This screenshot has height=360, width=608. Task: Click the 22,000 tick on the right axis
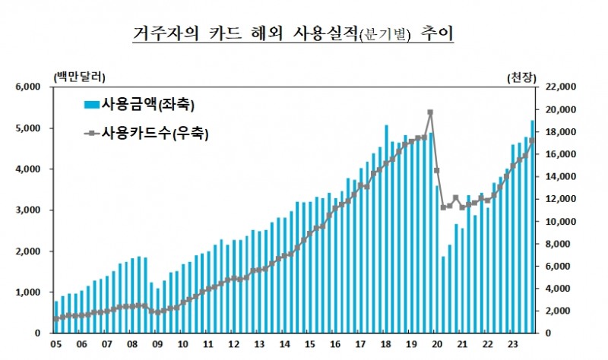point(558,87)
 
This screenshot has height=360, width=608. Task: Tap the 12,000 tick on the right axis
point(558,199)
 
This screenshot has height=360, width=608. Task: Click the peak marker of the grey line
point(430,112)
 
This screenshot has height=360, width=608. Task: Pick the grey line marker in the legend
point(91,134)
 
